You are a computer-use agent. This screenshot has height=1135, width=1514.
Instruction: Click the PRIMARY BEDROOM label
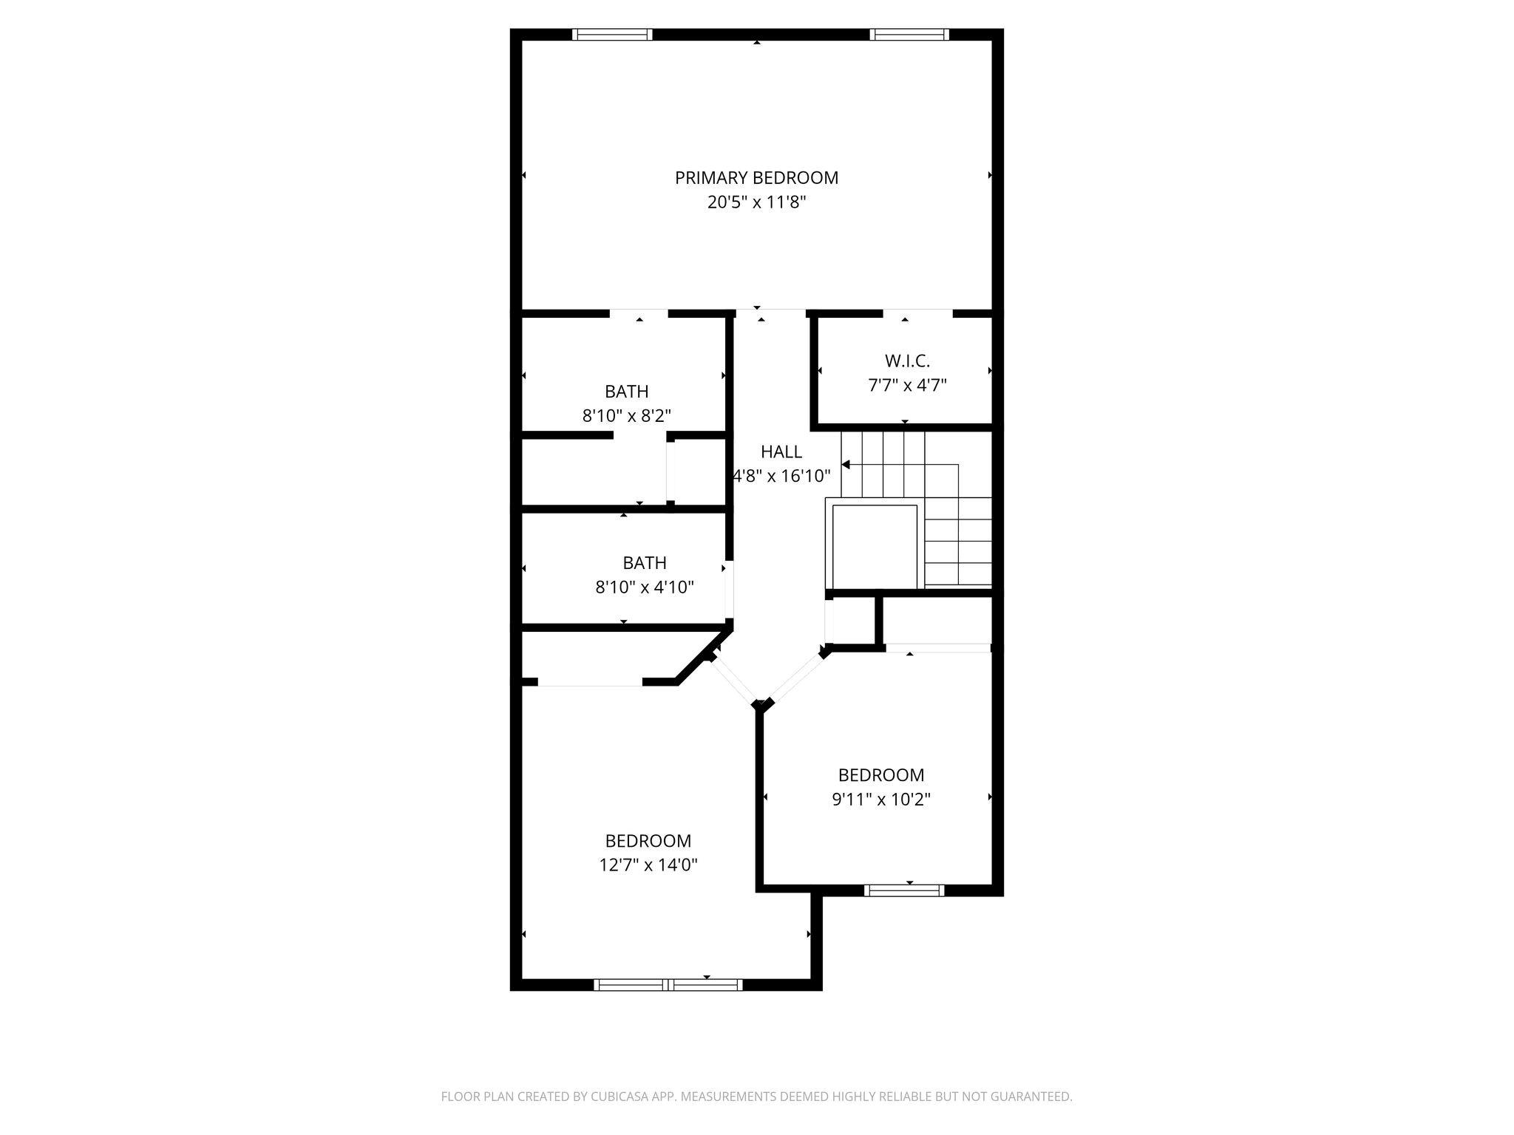756,178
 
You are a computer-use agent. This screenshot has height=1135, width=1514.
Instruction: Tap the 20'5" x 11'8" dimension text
756,202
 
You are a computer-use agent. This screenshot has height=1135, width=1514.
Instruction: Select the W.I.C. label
907,361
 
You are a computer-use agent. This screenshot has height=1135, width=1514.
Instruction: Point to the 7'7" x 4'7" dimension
907,385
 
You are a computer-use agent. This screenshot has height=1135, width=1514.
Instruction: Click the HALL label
781,451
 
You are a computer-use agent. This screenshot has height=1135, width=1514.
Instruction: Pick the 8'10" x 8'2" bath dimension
627,416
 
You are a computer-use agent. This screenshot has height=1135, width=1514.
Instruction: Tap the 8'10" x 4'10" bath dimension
645,587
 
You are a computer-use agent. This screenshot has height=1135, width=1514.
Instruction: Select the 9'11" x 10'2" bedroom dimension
881,799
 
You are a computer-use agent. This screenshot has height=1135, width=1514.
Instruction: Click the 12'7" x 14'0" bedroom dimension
648,865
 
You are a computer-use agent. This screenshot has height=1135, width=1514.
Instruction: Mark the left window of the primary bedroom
612,34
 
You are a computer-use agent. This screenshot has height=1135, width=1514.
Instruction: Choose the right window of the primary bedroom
909,34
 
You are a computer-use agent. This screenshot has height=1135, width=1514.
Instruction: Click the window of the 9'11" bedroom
904,890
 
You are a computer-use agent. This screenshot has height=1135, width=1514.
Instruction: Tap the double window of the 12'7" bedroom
668,984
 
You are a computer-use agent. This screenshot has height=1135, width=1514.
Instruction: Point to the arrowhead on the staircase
846,465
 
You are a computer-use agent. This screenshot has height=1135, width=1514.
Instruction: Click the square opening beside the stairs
875,546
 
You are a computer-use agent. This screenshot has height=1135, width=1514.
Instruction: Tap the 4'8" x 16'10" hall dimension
781,476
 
